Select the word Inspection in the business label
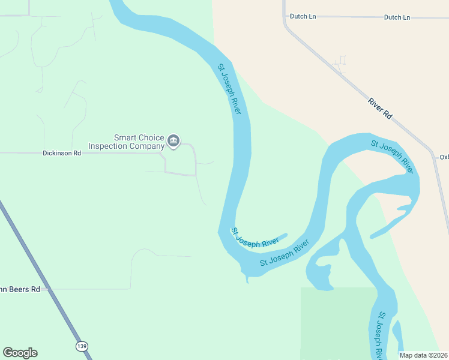pyautogui.click(x=109, y=146)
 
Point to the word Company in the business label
pyautogui.click(x=147, y=146)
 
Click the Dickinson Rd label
pyautogui.click(x=62, y=153)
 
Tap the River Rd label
pyautogui.click(x=380, y=108)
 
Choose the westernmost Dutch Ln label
pyautogui.click(x=303, y=16)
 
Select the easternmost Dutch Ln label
pyautogui.click(x=397, y=17)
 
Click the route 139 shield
pyautogui.click(x=82, y=346)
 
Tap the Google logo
pyautogui.click(x=20, y=353)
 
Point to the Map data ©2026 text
pyautogui.click(x=424, y=355)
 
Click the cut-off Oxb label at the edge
pyautogui.click(x=444, y=157)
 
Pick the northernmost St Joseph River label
pyautogui.click(x=229, y=89)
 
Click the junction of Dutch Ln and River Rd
pyautogui.click(x=285, y=17)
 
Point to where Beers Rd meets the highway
pyautogui.click(x=53, y=289)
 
